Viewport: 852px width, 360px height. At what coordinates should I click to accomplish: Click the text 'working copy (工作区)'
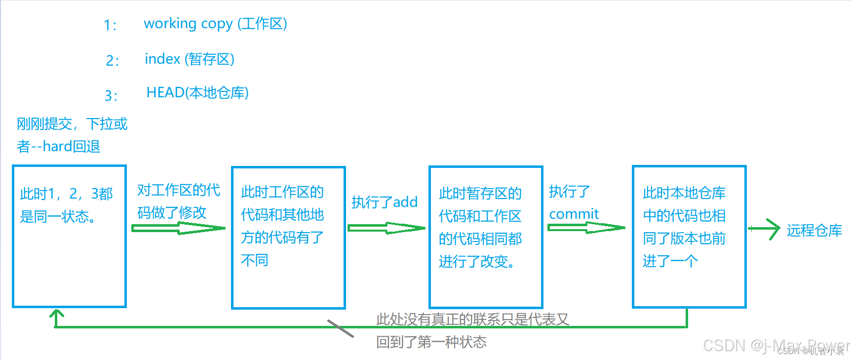click(215, 24)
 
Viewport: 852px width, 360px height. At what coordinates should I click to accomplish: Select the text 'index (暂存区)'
click(189, 59)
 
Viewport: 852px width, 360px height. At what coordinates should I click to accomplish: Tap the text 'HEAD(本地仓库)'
click(197, 93)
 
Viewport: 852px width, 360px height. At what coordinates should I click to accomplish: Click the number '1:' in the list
click(110, 25)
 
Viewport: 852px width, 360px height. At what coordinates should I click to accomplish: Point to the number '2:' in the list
click(113, 61)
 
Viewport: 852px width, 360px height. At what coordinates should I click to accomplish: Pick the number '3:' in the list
click(111, 95)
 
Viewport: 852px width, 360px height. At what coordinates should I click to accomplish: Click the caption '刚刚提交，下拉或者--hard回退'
click(72, 135)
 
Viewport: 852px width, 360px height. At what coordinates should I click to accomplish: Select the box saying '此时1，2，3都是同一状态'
click(69, 237)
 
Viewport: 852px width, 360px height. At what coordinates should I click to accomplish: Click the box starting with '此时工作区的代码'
click(288, 238)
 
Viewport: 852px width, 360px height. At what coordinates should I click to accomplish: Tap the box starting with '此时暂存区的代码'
click(486, 237)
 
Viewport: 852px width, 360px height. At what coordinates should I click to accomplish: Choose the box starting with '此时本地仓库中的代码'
click(689, 237)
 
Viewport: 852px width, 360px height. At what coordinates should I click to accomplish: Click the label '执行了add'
click(385, 202)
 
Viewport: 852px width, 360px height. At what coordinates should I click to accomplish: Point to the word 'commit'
click(574, 214)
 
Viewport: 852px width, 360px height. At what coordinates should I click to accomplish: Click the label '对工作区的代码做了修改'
click(178, 201)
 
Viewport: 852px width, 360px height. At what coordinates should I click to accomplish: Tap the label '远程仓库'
click(814, 230)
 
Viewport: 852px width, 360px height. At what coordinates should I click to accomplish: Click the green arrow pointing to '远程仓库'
click(764, 229)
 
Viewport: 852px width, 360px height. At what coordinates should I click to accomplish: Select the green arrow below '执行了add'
click(386, 228)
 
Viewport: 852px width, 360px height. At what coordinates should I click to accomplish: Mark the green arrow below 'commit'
click(586, 228)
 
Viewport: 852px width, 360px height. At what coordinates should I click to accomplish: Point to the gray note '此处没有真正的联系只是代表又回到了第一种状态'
click(472, 330)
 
